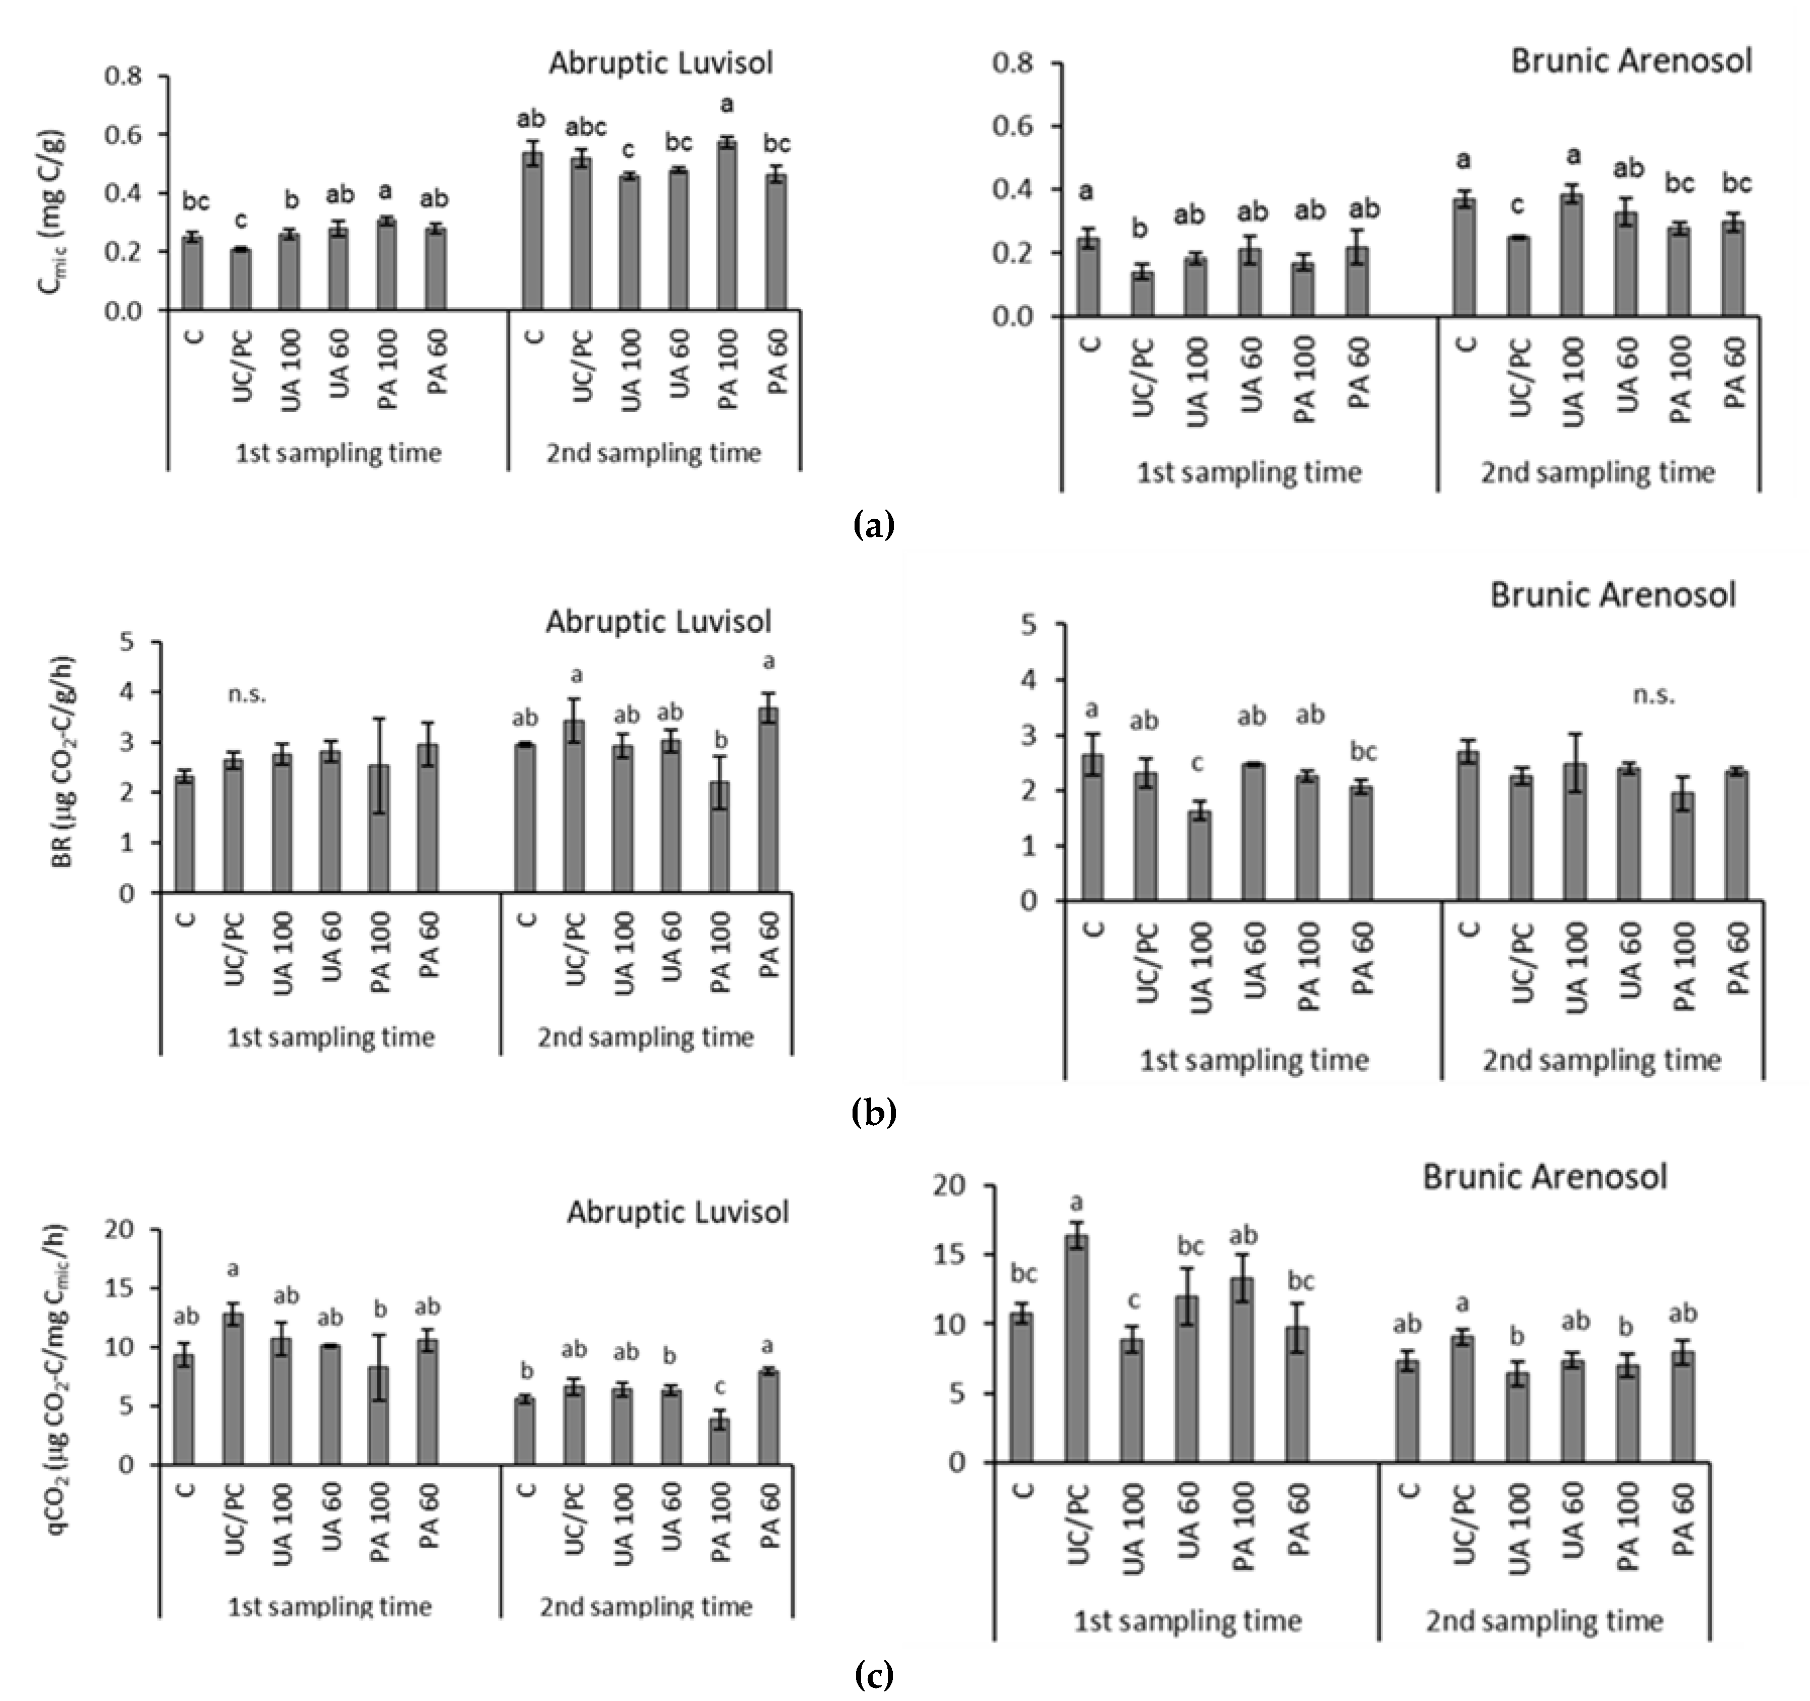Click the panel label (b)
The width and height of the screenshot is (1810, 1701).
click(874, 1113)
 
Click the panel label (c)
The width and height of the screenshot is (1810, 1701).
click(874, 1674)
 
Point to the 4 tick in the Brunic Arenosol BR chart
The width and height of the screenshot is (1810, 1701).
click(1028, 680)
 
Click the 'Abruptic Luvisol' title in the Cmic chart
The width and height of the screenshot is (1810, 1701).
click(660, 63)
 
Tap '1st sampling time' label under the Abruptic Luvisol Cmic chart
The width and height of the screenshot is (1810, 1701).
click(338, 453)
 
